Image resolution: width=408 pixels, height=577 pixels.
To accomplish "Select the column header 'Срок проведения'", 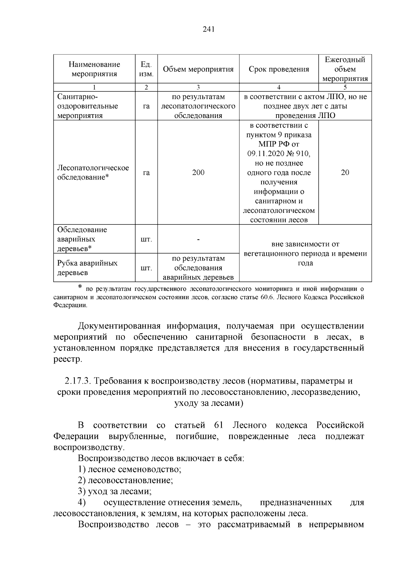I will click(x=279, y=69).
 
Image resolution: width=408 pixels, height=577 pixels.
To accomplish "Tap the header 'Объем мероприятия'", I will click(x=198, y=69).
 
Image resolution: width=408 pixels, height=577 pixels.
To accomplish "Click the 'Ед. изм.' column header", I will click(x=146, y=69).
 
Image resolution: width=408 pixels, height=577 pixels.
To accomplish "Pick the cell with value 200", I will click(x=198, y=172).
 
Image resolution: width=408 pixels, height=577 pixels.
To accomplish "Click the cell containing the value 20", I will click(x=345, y=172).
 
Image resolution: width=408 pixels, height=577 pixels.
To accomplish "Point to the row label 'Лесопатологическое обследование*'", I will click(x=93, y=172).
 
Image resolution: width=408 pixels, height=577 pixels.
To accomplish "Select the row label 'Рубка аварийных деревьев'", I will click(x=87, y=268).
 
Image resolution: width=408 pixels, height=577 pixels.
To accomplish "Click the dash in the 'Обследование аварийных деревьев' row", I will click(x=198, y=239).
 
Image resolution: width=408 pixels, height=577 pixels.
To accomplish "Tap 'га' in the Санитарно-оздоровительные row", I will click(x=146, y=106).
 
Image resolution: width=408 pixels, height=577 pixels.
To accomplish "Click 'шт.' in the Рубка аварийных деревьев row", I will click(x=146, y=268).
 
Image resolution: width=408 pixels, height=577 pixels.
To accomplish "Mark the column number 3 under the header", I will click(x=198, y=87).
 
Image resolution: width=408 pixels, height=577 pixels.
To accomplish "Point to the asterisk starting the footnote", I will click(x=80, y=288).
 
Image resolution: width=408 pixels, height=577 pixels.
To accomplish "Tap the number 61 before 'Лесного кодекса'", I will click(x=219, y=425).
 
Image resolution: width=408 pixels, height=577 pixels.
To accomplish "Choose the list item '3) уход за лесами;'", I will click(x=115, y=491).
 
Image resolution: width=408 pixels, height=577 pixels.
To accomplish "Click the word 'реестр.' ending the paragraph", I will click(x=68, y=359).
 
